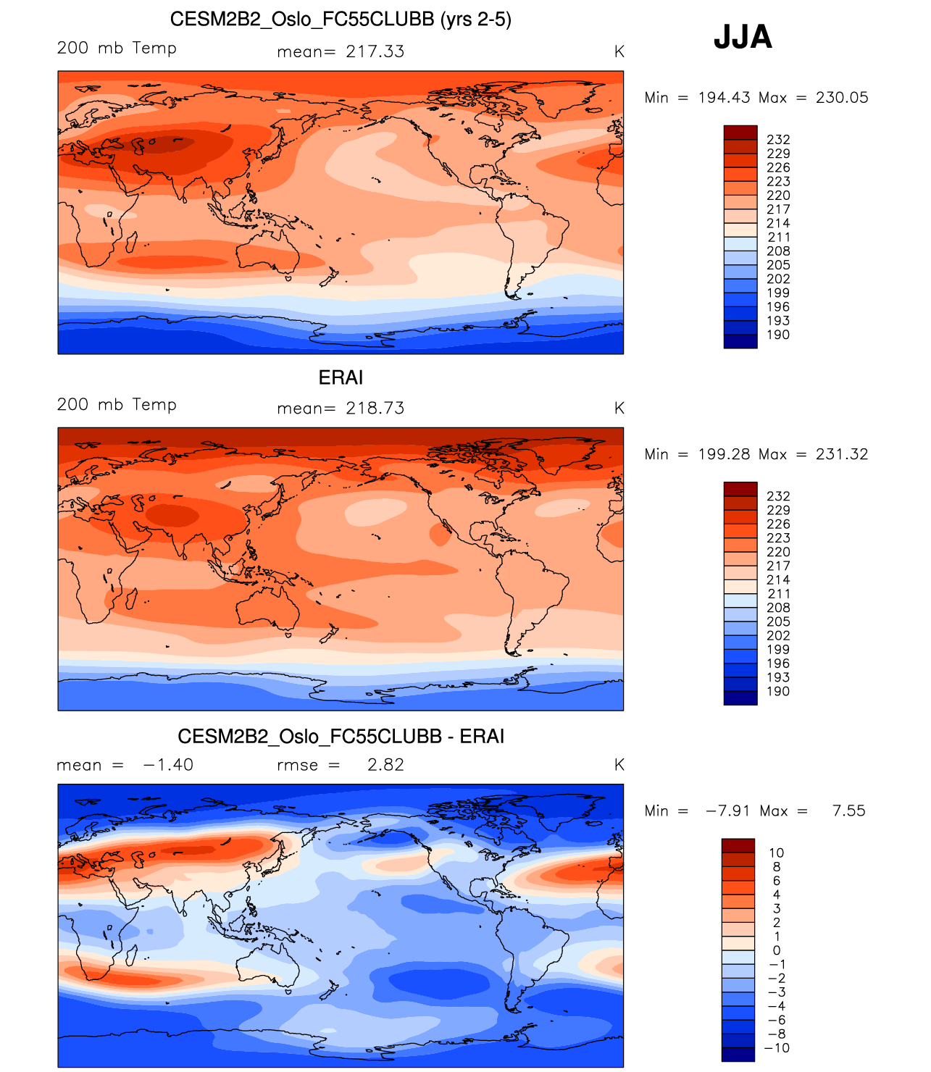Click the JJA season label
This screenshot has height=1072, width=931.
[743, 37]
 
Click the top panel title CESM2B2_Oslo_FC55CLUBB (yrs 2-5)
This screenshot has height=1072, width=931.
[341, 20]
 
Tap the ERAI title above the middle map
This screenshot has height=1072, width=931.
[341, 377]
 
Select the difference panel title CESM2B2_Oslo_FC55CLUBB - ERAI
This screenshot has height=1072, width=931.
[341, 737]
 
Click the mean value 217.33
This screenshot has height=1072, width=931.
[375, 51]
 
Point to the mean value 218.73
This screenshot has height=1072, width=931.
[375, 409]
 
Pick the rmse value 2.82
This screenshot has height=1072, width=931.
[385, 765]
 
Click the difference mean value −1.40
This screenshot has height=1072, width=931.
[168, 765]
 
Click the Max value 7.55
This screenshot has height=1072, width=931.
[848, 811]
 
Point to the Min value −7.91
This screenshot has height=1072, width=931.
[727, 811]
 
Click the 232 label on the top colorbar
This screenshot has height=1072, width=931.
[778, 140]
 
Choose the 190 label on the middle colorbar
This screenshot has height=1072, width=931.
[778, 692]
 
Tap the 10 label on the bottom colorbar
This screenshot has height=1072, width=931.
[777, 853]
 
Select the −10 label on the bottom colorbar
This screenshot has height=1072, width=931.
[777, 1048]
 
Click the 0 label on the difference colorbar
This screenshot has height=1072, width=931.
[777, 950]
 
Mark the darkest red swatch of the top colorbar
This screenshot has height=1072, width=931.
[740, 132]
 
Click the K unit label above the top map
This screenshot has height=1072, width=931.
[619, 51]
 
